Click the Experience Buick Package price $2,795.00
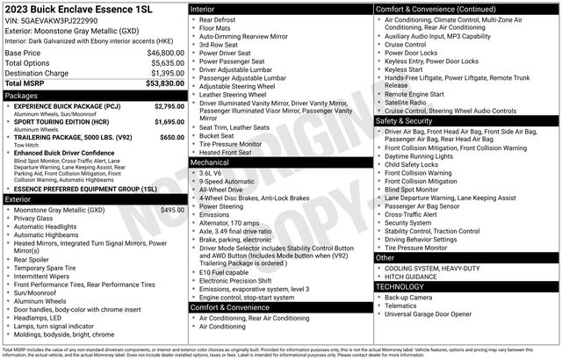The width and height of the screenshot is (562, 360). tap(169, 106)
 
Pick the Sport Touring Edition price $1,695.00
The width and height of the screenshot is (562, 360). tap(169, 123)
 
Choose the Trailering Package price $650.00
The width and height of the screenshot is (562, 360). tap(172, 137)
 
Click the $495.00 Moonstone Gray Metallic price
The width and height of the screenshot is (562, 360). tap(173, 210)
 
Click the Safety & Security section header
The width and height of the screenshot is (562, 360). tap(406, 120)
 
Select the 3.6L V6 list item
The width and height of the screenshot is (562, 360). tap(214, 173)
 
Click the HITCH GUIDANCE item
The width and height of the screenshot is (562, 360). tap(418, 277)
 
